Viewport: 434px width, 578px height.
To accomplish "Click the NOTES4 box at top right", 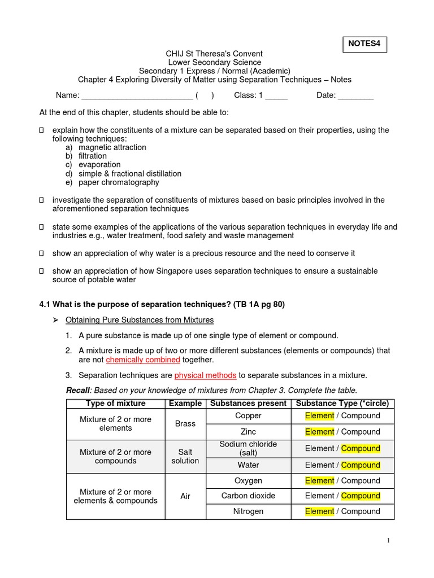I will [365, 43].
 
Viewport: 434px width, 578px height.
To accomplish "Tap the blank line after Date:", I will [355, 96].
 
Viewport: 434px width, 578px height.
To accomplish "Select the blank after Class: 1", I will [276, 96].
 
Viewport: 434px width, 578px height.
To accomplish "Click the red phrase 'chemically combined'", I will [143, 360].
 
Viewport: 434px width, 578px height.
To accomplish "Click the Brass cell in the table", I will [185, 423].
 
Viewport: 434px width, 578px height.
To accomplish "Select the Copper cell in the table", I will [248, 415].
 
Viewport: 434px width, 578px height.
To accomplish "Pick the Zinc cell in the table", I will [248, 432].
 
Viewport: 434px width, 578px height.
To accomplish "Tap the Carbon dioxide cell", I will [248, 496].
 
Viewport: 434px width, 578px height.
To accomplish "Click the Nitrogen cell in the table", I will [248, 511].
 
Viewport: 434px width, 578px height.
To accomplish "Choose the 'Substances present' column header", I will [248, 403].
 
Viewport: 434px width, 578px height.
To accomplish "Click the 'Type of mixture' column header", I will [116, 403].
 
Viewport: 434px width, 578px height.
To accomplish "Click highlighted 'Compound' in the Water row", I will [361, 465].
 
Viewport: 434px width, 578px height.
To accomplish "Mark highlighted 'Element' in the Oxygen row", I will [319, 480].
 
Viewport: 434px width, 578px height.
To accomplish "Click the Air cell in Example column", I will [185, 496].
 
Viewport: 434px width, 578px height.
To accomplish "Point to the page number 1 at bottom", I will [389, 541].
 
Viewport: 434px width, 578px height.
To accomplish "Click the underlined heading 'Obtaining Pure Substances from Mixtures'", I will [140, 320].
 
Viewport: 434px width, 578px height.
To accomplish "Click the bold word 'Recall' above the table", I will [77, 390].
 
